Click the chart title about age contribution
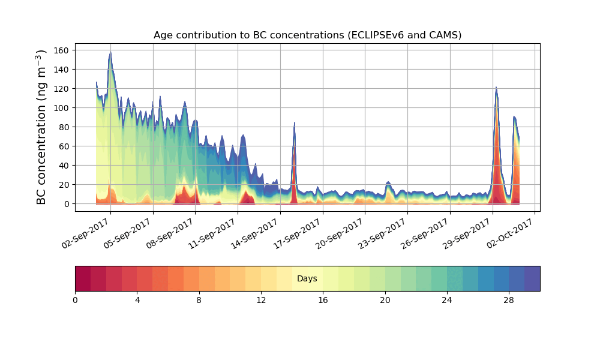point(307,35)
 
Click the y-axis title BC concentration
point(41,127)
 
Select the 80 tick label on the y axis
point(65,127)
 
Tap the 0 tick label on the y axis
point(68,204)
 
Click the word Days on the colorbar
point(307,279)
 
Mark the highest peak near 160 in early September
point(110,52)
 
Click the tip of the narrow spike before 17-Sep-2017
point(295,122)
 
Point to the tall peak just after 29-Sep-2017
point(496,88)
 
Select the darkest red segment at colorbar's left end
point(83,278)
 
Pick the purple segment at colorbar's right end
point(532,278)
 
